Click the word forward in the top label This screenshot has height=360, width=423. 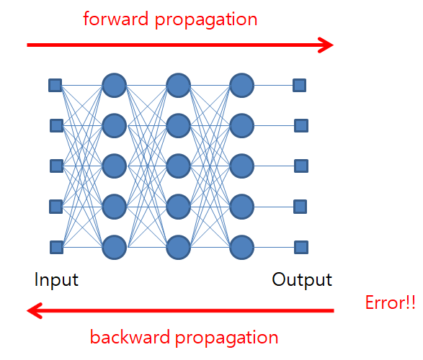click(x=116, y=19)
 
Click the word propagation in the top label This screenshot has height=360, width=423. click(x=206, y=21)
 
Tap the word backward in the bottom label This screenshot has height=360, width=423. click(x=130, y=337)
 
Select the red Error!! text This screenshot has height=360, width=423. click(x=390, y=302)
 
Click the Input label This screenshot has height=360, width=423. click(x=56, y=280)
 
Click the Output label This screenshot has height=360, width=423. click(x=302, y=280)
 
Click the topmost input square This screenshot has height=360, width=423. click(x=55, y=85)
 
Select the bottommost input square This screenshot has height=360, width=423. click(x=57, y=248)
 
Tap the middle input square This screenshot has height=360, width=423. click(x=57, y=166)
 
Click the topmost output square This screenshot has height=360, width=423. click(x=300, y=85)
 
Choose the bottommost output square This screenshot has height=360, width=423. click(x=301, y=248)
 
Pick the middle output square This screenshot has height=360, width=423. click(x=301, y=166)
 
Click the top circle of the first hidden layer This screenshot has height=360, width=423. click(x=115, y=85)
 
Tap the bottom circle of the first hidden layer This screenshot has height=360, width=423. click(x=115, y=248)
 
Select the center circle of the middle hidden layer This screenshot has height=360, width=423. click(x=178, y=166)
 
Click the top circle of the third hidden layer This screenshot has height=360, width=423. click(x=241, y=85)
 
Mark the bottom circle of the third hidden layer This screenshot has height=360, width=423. click(x=241, y=248)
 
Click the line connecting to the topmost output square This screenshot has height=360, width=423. click(x=274, y=86)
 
